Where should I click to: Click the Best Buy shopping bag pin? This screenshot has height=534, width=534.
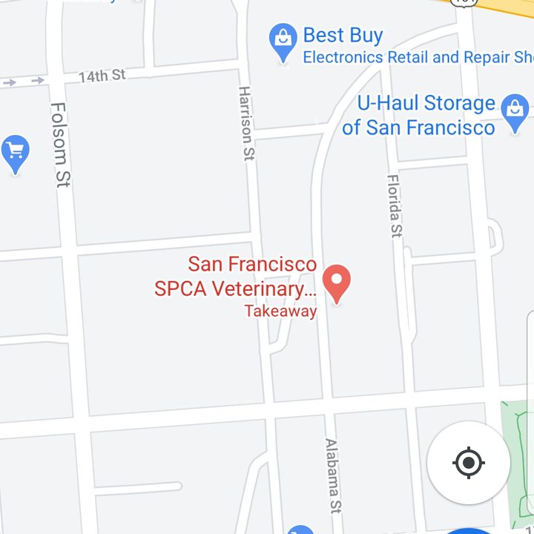pyautogui.click(x=283, y=41)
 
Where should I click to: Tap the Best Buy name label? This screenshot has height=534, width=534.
pyautogui.click(x=343, y=35)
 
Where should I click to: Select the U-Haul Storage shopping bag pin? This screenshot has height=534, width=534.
pyautogui.click(x=515, y=111)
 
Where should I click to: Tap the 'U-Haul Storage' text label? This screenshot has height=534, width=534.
pyautogui.click(x=426, y=103)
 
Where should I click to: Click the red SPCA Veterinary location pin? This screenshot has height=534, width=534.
pyautogui.click(x=337, y=283)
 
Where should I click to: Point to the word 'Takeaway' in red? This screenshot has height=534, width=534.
pyautogui.click(x=280, y=311)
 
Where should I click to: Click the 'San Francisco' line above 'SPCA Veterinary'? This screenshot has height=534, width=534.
pyautogui.click(x=252, y=264)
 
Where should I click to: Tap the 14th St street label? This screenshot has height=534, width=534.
pyautogui.click(x=102, y=76)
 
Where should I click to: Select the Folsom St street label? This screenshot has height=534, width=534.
pyautogui.click(x=60, y=145)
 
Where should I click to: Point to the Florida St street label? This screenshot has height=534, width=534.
pyautogui.click(x=395, y=205)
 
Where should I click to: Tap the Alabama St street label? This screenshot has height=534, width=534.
pyautogui.click(x=332, y=475)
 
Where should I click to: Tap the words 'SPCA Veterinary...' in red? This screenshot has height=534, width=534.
pyautogui.click(x=235, y=289)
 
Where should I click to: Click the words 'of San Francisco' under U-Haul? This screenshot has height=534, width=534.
pyautogui.click(x=418, y=128)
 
